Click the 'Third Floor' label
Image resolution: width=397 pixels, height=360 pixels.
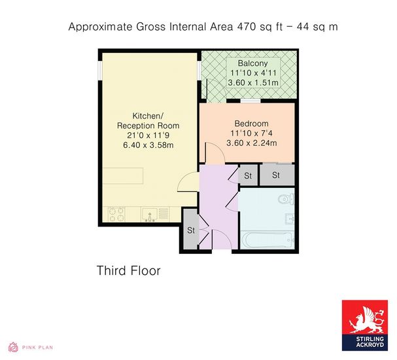click(129, 270)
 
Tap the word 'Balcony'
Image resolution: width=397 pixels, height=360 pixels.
click(252, 63)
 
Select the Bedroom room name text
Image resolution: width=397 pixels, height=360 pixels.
click(251, 124)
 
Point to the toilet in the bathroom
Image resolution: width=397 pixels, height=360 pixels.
click(286, 199)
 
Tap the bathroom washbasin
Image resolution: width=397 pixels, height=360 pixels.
click(290, 219)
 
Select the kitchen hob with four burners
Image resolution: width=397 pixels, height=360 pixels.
click(116, 214)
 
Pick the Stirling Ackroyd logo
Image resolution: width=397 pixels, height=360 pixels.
click(365, 325)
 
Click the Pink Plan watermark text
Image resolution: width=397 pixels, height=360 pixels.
click(37, 348)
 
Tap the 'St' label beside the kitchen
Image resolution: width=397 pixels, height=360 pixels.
click(191, 230)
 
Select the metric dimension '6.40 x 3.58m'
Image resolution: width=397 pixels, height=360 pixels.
click(148, 145)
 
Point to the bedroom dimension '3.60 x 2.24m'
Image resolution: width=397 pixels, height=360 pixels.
click(251, 143)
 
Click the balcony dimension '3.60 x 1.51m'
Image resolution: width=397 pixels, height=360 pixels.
click(253, 82)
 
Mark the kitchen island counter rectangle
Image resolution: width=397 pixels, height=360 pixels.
click(123, 176)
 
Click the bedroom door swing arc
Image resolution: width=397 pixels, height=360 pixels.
click(218, 149)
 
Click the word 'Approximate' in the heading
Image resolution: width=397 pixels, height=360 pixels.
click(100, 27)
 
